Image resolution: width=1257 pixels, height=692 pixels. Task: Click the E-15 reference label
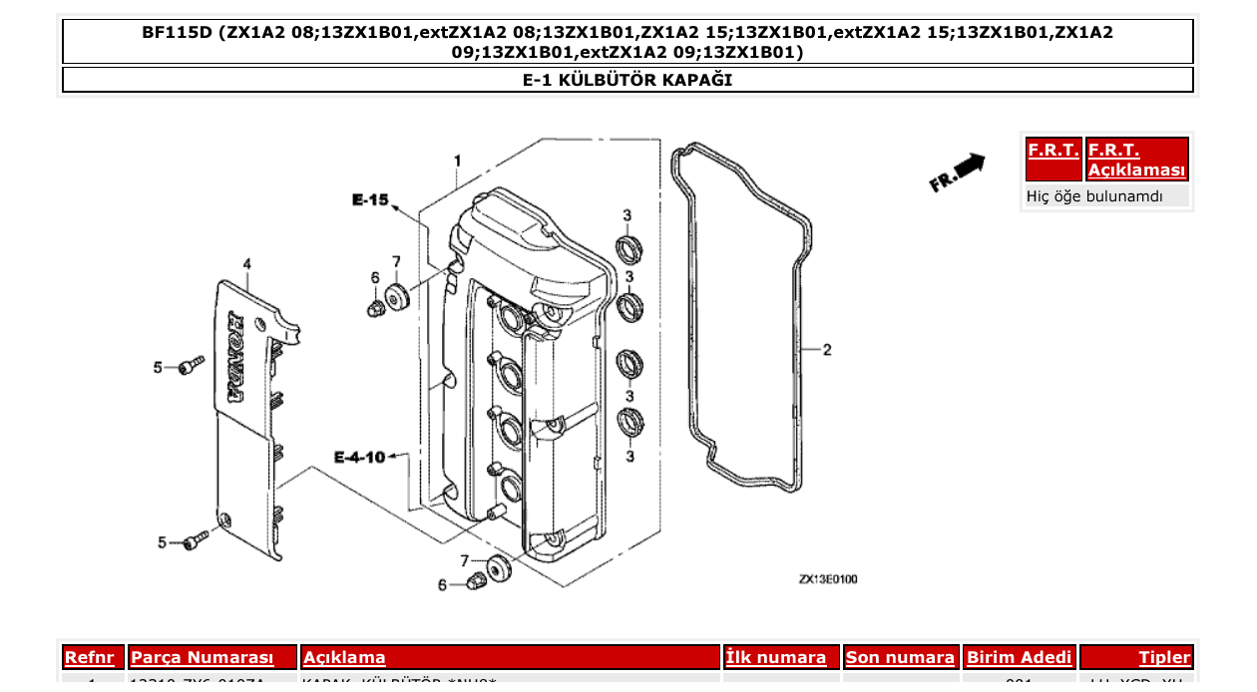(370, 200)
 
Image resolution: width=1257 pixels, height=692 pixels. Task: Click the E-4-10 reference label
(359, 458)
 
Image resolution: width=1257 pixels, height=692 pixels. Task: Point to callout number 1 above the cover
(457, 162)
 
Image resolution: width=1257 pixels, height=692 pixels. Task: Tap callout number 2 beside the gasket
(827, 350)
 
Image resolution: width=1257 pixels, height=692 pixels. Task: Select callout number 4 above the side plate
(246, 264)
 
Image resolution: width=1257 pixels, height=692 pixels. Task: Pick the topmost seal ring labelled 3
(628, 246)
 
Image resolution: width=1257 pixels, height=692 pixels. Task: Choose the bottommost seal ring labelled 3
(628, 421)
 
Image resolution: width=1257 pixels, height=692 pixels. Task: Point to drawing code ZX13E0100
(827, 579)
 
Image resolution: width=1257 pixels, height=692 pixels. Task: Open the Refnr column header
(94, 657)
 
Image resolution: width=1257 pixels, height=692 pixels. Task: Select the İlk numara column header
(776, 657)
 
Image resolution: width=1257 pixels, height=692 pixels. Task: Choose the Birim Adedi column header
(1019, 657)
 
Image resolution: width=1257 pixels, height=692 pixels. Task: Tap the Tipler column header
(1164, 657)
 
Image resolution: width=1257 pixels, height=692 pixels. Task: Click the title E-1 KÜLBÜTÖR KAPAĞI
(628, 80)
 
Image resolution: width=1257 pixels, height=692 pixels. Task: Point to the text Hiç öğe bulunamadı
(1094, 196)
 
